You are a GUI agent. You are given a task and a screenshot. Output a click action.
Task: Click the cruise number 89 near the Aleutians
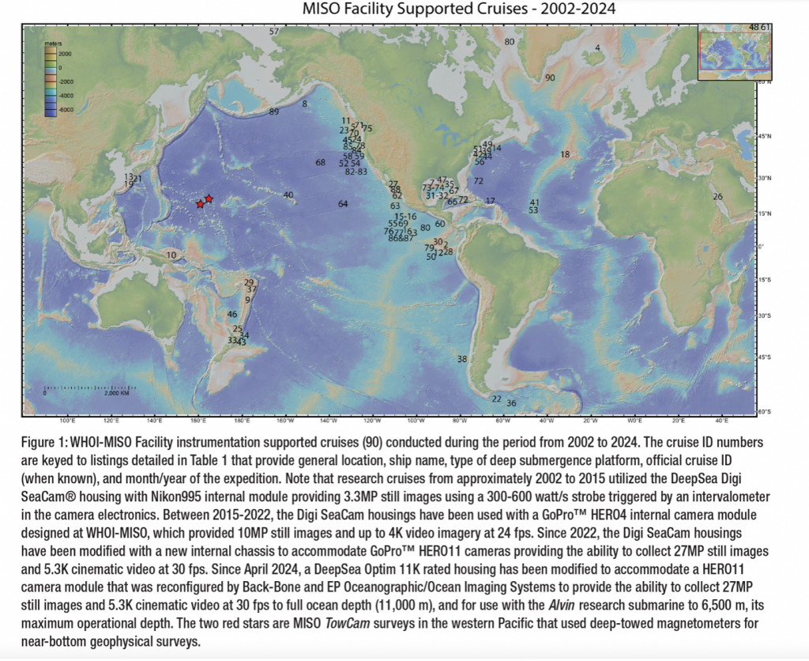(274, 112)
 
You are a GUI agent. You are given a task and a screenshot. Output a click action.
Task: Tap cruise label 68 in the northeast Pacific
(320, 163)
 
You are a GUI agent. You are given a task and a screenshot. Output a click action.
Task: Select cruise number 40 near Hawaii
(288, 195)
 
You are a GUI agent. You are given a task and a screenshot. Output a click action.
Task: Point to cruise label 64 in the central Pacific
(343, 204)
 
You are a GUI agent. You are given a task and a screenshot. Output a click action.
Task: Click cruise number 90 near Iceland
(550, 77)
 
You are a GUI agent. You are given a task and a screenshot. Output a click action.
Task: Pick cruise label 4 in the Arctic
(597, 47)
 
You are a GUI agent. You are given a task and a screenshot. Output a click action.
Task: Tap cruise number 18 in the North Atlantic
(565, 154)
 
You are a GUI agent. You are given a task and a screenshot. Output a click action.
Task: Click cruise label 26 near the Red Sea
(717, 196)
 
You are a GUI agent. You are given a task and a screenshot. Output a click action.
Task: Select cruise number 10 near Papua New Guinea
(171, 255)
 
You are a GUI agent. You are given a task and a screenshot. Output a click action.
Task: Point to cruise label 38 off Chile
(462, 359)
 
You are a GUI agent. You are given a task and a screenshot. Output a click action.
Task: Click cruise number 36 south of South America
(511, 403)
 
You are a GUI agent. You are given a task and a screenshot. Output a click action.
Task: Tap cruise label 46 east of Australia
(232, 315)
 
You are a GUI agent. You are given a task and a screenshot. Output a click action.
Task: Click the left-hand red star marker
(200, 205)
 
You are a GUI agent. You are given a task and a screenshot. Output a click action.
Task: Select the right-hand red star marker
(209, 198)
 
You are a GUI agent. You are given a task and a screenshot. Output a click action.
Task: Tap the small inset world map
(727, 51)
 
